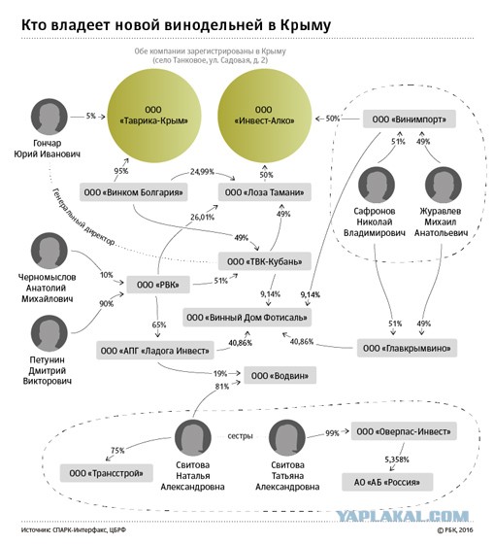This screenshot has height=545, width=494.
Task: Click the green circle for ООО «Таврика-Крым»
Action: [153, 116]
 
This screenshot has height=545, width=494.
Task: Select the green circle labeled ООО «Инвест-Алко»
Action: [265, 116]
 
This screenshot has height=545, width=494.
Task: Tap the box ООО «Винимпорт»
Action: [410, 119]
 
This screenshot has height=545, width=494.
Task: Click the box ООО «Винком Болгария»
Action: [134, 192]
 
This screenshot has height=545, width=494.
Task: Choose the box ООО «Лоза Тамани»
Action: [265, 192]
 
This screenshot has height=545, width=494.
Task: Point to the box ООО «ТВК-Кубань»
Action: [265, 261]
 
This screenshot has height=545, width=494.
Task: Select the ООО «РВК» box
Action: [158, 285]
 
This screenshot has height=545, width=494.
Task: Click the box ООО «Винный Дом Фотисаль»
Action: [247, 317]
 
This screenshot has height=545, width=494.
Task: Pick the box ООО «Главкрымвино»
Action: [407, 348]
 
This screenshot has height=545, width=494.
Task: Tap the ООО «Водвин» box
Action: [280, 375]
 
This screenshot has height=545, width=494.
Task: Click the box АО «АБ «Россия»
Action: [387, 482]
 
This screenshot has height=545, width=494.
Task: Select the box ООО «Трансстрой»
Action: [106, 473]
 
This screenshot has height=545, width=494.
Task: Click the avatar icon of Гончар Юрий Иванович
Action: [49, 117]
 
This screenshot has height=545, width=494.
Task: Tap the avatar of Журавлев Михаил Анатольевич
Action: [443, 185]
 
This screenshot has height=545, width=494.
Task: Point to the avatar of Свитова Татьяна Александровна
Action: [287, 437]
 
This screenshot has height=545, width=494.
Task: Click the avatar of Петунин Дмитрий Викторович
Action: [49, 333]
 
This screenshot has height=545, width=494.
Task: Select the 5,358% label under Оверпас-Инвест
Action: [396, 460]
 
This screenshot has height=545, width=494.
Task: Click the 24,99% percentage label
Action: [202, 172]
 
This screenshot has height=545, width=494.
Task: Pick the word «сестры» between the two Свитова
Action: [241, 436]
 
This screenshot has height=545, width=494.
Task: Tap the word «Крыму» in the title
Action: [305, 25]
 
